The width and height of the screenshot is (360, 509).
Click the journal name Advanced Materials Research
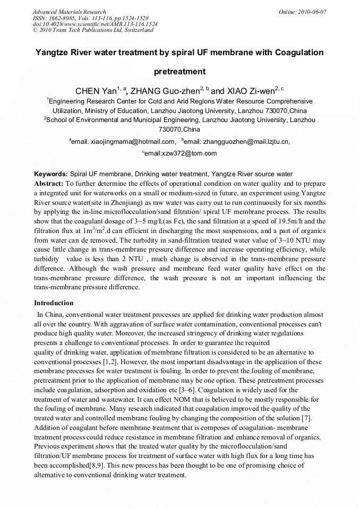[x=69, y=12]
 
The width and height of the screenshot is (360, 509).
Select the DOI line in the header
[x=95, y=24]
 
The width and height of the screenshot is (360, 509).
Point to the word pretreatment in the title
[x=179, y=71]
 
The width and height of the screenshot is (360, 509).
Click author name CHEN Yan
[x=96, y=91]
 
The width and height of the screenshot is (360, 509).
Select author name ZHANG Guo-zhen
[x=161, y=91]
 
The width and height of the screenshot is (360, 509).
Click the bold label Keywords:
[x=51, y=174]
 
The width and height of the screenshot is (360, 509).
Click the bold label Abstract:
[x=49, y=183]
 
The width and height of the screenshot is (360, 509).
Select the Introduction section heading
[x=54, y=303]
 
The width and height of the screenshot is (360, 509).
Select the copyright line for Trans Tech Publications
[x=93, y=30]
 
